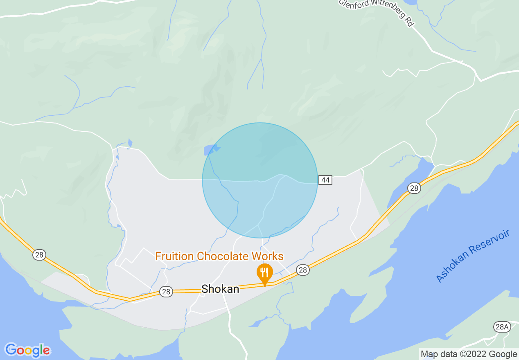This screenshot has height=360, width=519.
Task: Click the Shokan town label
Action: tap(220, 289)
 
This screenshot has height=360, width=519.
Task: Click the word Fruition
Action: tap(174, 256)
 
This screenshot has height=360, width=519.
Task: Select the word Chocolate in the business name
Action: tap(221, 256)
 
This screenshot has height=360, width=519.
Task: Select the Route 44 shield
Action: tap(325, 180)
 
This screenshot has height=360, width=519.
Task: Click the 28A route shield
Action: tap(501, 326)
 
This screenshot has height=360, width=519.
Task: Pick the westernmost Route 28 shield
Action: tap(38, 255)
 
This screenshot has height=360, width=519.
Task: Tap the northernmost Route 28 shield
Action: tap(414, 188)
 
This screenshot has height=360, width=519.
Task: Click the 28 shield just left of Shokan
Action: tap(166, 291)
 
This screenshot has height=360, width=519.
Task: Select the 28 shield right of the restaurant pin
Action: tap(302, 270)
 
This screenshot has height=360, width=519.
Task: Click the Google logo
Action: tap(27, 350)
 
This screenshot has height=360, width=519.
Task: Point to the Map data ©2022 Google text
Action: tap(469, 354)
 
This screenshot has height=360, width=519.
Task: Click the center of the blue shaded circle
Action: tap(260, 180)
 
